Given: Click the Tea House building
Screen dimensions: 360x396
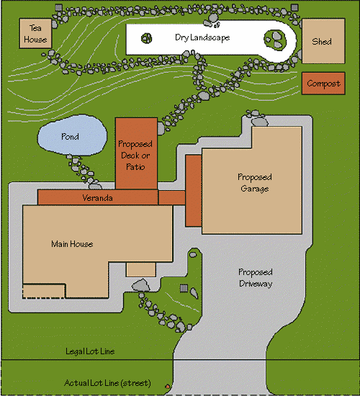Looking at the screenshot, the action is coord(35,33).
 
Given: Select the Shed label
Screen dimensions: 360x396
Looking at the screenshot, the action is coord(322,42).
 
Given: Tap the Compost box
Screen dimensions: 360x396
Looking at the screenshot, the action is coord(323,84).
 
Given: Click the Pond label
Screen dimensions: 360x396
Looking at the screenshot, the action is coord(71,137).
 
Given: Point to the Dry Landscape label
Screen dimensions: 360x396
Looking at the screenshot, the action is coord(202,37).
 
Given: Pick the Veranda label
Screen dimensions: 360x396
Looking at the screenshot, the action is coord(97,198).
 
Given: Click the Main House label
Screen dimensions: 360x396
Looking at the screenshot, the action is coord(72,244).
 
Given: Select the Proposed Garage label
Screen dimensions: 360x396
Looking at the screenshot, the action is coord(255,183).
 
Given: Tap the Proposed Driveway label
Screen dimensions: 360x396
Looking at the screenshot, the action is coord(256,278).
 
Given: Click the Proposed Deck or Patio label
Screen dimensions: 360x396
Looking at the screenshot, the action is coord(135,156).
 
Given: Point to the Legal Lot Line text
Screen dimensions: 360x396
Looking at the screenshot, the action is coord(90,351).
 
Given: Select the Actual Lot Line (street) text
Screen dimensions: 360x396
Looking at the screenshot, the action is coord(107,383).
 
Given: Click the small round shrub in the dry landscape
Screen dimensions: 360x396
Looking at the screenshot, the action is coord(147,38).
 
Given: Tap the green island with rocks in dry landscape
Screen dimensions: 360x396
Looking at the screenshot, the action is coord(275,40).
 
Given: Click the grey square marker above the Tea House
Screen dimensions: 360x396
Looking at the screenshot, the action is coord(58,7).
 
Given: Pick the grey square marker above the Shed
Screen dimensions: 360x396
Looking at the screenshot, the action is coord(294,7).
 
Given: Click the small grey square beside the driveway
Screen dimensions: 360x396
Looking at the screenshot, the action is coord(184,288).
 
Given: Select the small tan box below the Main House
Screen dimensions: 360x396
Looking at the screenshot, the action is coord(140,270).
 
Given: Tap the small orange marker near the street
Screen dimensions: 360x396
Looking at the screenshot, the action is coord(168,387).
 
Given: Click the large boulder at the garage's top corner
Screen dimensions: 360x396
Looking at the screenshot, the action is coord(260,122).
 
